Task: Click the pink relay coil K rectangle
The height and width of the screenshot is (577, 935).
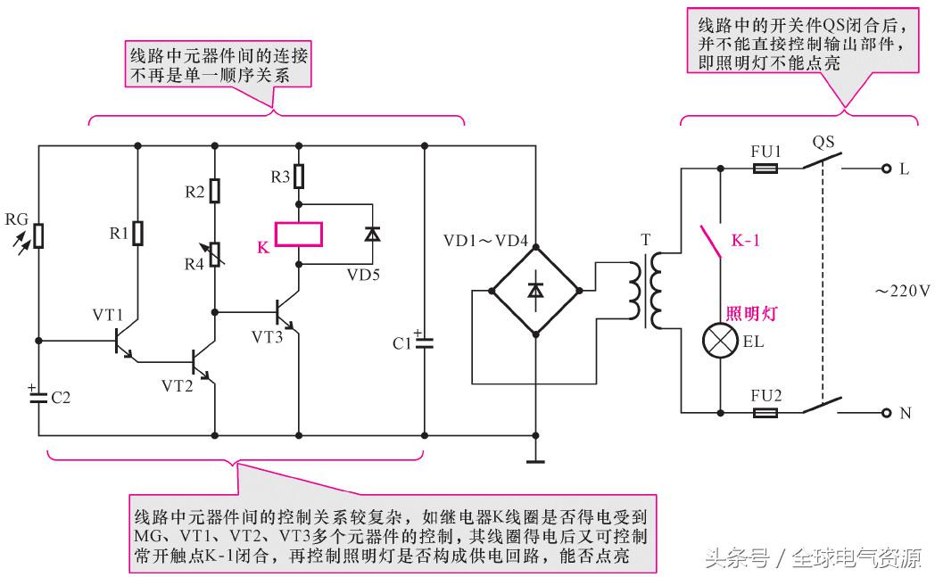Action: (x=298, y=235)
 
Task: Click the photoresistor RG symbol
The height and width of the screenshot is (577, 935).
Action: (x=38, y=235)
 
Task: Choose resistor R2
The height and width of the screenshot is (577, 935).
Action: (x=214, y=191)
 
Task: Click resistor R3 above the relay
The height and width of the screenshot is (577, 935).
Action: (x=298, y=177)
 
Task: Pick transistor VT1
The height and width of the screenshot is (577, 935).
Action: (x=122, y=342)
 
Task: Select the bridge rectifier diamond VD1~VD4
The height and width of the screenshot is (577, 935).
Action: (x=535, y=290)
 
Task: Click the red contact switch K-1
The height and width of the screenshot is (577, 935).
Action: (x=709, y=239)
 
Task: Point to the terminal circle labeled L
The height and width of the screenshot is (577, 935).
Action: (x=886, y=168)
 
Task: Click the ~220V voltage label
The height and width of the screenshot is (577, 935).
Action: (x=901, y=290)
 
